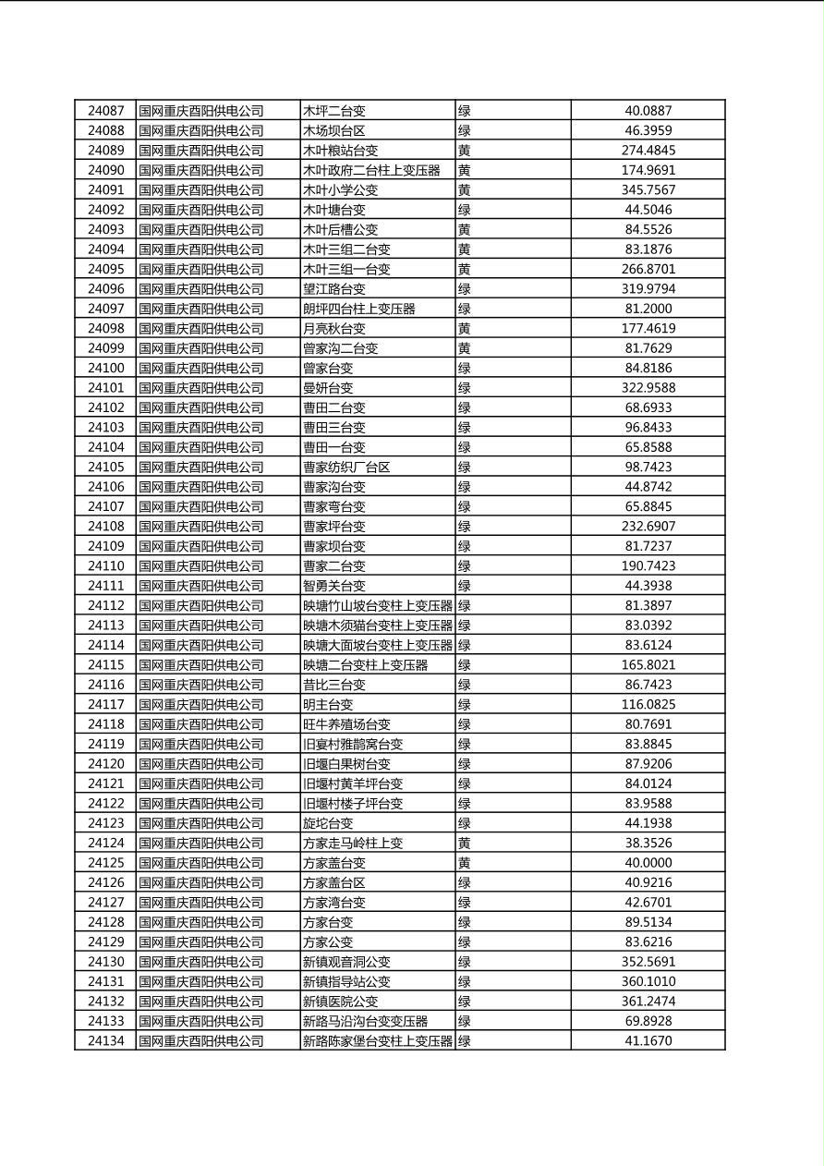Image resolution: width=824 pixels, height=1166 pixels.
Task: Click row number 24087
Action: tap(105, 111)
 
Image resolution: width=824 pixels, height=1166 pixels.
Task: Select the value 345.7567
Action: tap(648, 190)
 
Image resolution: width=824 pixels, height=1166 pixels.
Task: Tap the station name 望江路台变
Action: tap(334, 289)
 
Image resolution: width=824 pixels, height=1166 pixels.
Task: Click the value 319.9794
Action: tap(648, 289)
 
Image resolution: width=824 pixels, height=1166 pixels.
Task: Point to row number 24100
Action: tap(105, 369)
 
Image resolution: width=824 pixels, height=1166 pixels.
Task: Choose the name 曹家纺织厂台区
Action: tap(346, 468)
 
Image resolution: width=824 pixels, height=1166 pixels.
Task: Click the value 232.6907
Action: tap(648, 527)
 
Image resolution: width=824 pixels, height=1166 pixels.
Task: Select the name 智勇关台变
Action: tap(334, 586)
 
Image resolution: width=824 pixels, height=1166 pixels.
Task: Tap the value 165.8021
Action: tap(648, 665)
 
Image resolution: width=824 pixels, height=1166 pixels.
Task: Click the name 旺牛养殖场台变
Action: tap(346, 724)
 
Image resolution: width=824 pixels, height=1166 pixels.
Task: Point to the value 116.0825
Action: tap(648, 705)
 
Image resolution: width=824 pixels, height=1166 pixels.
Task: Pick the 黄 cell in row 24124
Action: tap(465, 843)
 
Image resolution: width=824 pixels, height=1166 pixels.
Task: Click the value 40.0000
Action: tap(648, 863)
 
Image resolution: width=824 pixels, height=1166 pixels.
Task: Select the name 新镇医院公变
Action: tap(340, 1002)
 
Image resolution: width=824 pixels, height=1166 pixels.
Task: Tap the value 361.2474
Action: tap(648, 1002)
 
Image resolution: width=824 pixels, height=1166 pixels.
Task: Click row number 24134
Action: tap(105, 1041)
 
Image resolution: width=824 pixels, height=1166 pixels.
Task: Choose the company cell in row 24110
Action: tap(201, 566)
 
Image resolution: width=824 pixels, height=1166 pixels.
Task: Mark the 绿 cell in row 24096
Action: tap(465, 289)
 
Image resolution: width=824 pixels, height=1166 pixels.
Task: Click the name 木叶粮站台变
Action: tap(340, 151)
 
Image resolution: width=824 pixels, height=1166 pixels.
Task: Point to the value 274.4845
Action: tap(648, 151)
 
